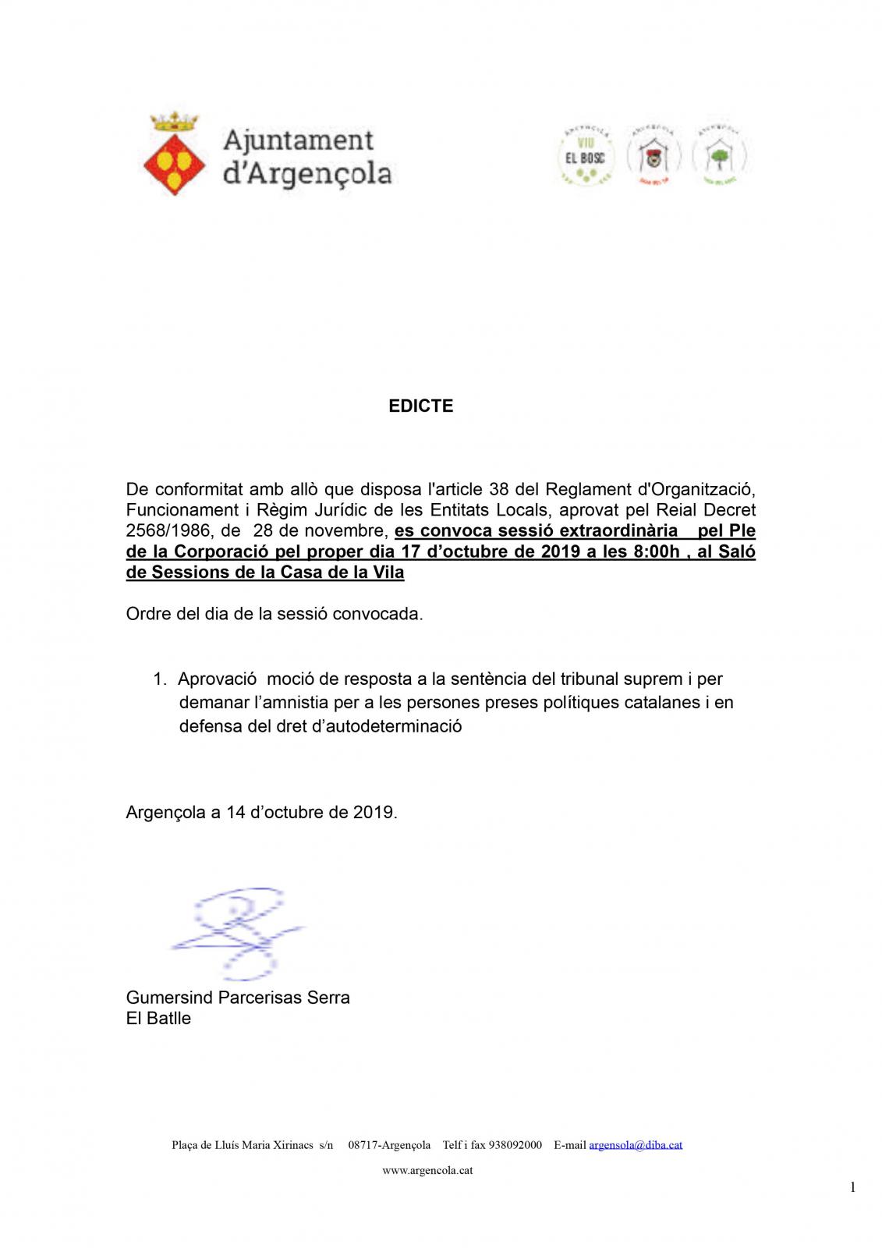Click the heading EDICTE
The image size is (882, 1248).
tap(421, 406)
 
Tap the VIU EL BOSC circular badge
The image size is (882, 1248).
tap(586, 156)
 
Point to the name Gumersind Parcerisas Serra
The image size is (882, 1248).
tap(238, 998)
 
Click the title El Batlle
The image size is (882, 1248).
tap(158, 1018)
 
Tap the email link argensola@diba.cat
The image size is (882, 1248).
tap(636, 1145)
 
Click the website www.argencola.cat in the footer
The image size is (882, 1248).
tap(427, 1170)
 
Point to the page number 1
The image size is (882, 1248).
tap(852, 1187)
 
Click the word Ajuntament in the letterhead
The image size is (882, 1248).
tap(299, 141)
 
